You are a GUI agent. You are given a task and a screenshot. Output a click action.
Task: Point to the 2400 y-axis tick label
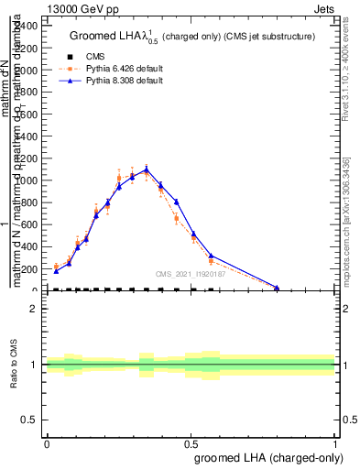click(26, 25)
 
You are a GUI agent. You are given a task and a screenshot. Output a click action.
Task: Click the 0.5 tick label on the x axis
click(191, 442)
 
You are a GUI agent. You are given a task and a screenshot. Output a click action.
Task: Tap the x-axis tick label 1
click(335, 442)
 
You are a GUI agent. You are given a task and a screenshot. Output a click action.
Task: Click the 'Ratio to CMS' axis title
click(15, 365)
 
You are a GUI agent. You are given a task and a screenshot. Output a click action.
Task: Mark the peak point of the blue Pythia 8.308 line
click(147, 169)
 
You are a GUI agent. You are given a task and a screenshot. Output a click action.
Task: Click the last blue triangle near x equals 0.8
click(277, 288)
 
